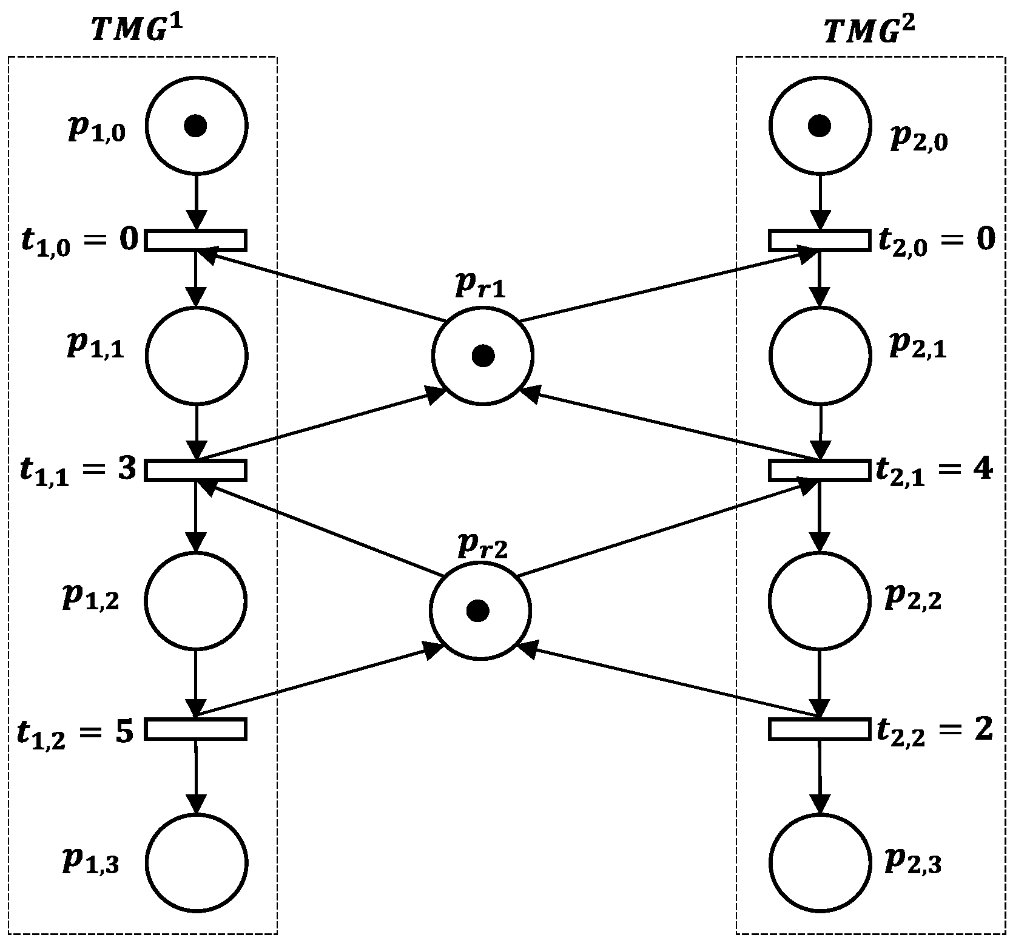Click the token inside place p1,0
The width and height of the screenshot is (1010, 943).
[195, 126]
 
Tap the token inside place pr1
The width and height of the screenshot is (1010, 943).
[483, 356]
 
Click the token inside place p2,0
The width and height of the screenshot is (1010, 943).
[820, 126]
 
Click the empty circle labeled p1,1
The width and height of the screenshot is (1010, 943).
[195, 356]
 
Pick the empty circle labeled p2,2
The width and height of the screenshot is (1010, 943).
[820, 600]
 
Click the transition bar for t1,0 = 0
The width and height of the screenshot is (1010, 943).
[195, 240]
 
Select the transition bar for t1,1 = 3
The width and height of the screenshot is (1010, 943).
[195, 470]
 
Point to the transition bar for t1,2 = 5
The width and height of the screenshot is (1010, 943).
[195, 729]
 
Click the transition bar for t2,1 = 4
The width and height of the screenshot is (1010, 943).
[820, 470]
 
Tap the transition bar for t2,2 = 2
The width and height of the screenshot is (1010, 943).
[820, 729]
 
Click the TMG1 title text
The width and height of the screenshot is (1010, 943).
[136, 30]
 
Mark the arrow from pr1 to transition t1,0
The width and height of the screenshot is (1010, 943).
[322, 285]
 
